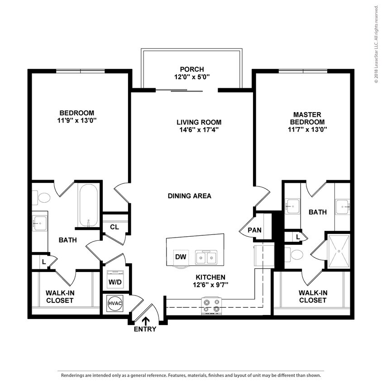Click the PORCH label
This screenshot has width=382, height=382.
click(x=191, y=69)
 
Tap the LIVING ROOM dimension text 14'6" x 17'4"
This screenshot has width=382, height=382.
click(x=199, y=129)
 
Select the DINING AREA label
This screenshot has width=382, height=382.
click(x=190, y=196)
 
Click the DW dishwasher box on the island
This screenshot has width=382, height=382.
click(x=181, y=257)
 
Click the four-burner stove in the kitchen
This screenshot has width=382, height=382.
click(x=211, y=305)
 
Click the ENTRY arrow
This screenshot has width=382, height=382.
click(x=145, y=322)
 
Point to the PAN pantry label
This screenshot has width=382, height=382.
click(x=254, y=230)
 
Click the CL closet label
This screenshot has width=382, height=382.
click(x=115, y=227)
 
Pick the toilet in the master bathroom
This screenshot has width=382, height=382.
click(x=296, y=254)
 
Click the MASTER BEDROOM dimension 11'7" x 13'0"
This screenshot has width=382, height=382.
click(x=307, y=129)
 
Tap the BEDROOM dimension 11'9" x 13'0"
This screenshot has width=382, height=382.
click(x=76, y=120)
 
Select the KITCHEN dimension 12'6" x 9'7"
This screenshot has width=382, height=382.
click(x=210, y=285)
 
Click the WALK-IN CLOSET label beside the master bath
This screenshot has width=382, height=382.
click(x=312, y=296)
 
